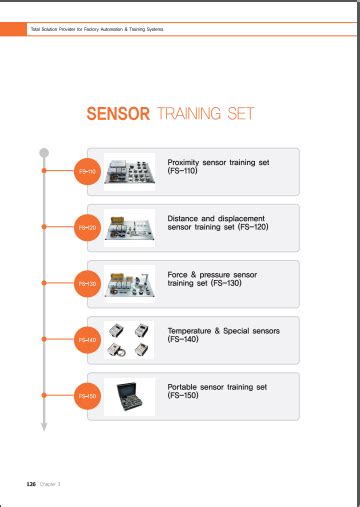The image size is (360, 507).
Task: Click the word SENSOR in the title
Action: [x=119, y=114]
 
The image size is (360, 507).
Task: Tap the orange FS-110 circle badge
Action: [x=87, y=172]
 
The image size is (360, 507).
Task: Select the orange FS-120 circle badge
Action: [x=87, y=228]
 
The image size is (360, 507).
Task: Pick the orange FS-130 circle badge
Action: [x=87, y=284]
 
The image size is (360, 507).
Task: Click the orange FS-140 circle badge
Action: [x=87, y=340]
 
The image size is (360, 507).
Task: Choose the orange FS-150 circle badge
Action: [x=87, y=397]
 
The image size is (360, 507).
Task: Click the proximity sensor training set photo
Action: [x=129, y=171]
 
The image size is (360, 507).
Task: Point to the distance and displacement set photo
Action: [x=129, y=227]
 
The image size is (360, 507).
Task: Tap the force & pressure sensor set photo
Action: [x=129, y=283]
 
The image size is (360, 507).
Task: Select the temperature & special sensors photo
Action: [x=129, y=340]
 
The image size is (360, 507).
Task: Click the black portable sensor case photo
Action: [x=129, y=396]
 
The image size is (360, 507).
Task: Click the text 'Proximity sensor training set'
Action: [x=218, y=162]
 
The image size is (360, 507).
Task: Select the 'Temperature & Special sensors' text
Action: [x=223, y=330]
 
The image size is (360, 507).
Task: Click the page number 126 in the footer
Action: [x=30, y=484]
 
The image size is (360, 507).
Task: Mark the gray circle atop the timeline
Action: [x=43, y=153]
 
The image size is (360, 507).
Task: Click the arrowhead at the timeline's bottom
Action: [x=43, y=426]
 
